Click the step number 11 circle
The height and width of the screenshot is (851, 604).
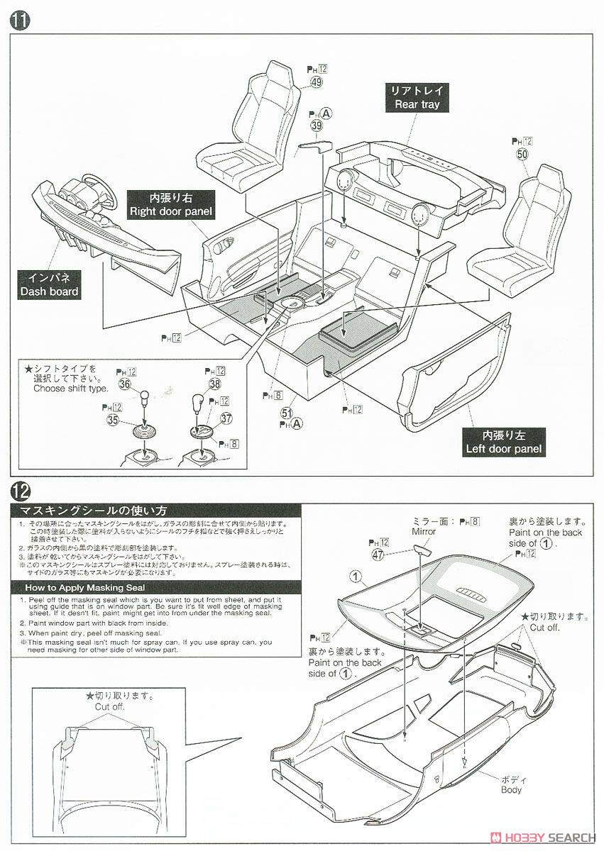coord(20,20)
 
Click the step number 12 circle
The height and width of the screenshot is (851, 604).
coord(20,491)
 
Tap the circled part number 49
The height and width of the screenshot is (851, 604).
coord(317,82)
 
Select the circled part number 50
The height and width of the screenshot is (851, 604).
coord(523,154)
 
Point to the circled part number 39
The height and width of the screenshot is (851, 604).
coord(317,126)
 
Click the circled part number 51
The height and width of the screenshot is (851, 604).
coord(287,413)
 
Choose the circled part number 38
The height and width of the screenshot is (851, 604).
coord(214,384)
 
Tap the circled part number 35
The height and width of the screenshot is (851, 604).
coord(113,420)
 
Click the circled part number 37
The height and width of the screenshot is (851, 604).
coord(226,418)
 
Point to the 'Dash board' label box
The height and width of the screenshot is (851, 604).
coord(49,284)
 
